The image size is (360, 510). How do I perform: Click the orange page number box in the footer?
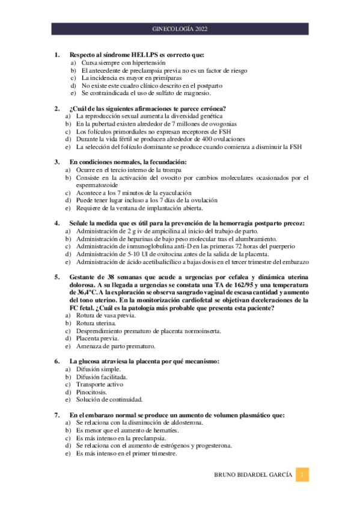[304, 475]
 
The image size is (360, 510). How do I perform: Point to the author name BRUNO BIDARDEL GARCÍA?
[255, 475]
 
